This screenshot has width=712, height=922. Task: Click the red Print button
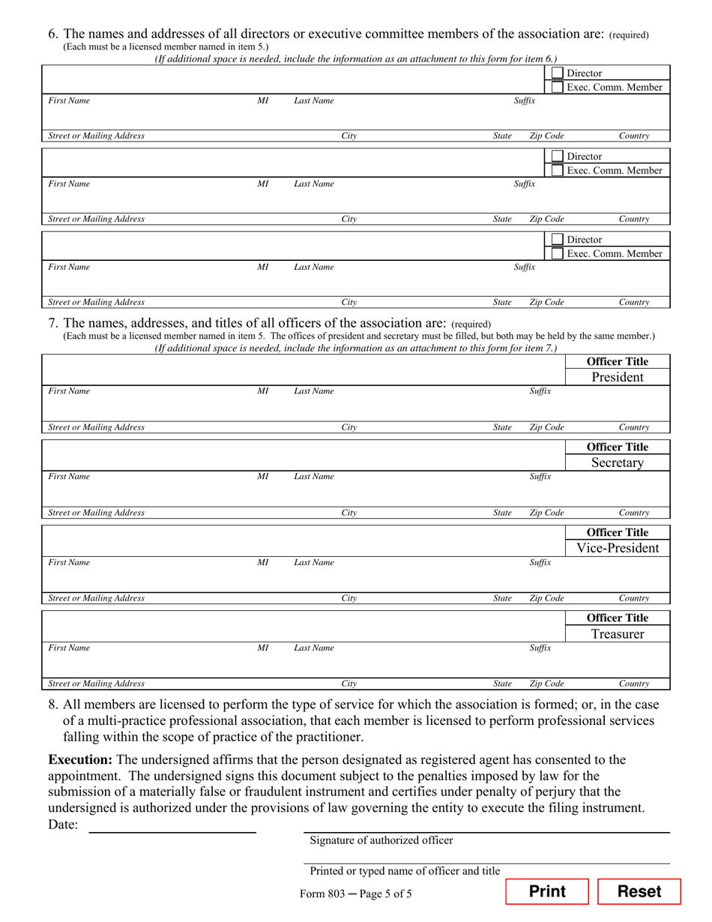click(x=547, y=891)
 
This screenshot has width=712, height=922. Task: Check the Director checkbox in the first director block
click(x=557, y=73)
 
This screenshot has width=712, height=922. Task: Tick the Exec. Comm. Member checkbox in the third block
click(x=557, y=253)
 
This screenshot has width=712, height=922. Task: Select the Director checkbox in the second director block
click(x=557, y=157)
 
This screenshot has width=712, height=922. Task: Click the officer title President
click(x=617, y=377)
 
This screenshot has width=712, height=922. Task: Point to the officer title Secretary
click(x=617, y=462)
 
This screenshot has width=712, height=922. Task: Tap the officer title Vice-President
click(x=617, y=548)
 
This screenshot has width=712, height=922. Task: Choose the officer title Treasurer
click(x=617, y=634)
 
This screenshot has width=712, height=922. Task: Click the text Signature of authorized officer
click(x=381, y=840)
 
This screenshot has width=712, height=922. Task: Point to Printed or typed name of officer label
click(x=405, y=871)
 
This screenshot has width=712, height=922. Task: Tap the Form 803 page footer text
click(x=355, y=894)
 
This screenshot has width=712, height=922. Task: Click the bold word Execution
click(x=80, y=760)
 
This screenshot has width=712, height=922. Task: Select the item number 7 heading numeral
click(x=52, y=323)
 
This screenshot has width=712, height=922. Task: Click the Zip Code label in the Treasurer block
click(x=546, y=684)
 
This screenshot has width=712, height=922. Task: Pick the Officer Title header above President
click(x=617, y=361)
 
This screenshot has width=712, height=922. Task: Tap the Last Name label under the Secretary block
click(x=313, y=477)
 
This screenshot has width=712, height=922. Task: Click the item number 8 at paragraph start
click(x=52, y=705)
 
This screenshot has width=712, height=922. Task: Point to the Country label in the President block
click(x=633, y=427)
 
